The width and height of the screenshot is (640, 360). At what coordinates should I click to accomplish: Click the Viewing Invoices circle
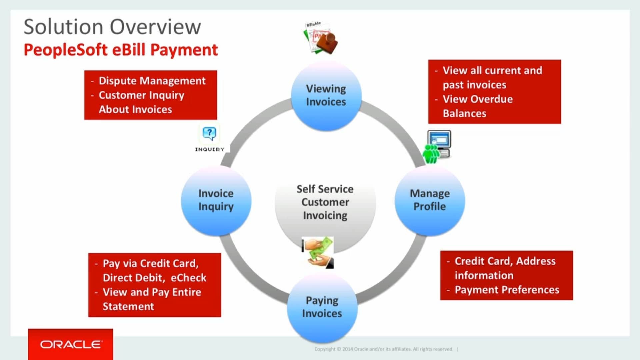[326, 96]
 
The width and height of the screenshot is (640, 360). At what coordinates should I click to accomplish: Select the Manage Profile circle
[430, 200]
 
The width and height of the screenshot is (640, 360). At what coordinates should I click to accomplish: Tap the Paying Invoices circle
[322, 307]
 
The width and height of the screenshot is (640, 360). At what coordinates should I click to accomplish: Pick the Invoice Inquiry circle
[216, 200]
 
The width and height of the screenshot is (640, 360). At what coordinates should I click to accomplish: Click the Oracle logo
[71, 344]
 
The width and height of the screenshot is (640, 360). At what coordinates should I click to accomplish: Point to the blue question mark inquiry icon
[209, 133]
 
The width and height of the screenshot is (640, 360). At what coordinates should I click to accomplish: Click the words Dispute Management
[152, 81]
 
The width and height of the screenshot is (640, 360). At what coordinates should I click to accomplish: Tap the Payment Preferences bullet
[507, 290]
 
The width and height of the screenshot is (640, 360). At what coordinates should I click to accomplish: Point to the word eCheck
[188, 278]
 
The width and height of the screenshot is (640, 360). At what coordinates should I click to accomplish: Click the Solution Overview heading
[112, 27]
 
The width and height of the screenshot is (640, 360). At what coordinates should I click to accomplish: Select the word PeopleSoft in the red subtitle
[66, 50]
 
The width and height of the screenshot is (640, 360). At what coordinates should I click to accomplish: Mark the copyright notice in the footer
[383, 349]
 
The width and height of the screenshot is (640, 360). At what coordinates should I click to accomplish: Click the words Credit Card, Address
[505, 261]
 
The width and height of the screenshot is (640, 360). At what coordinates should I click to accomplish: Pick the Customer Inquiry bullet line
[141, 95]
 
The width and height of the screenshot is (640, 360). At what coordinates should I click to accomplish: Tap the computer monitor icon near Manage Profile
[439, 139]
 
